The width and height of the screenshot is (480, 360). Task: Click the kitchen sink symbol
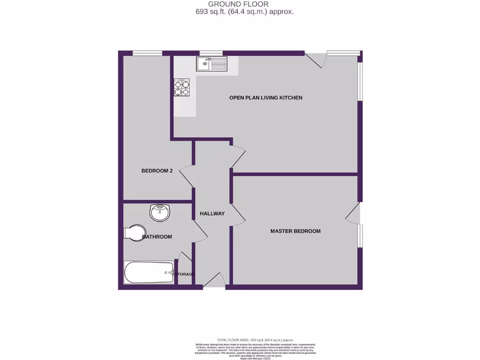point(211,63)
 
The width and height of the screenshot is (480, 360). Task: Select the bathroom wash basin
point(160,212)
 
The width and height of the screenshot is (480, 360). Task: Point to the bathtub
point(149,272)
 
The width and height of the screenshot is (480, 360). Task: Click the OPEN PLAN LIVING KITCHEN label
point(265,98)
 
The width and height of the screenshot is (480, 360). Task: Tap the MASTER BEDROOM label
point(295,231)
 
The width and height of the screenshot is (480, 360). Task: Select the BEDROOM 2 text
point(157,171)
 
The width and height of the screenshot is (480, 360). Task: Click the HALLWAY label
point(212,214)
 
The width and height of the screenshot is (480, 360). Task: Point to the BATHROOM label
point(157,237)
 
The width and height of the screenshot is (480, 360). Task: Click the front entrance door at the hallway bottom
point(214,280)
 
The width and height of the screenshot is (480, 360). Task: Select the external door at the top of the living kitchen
point(315,60)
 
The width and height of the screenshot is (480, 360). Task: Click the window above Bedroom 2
point(147,53)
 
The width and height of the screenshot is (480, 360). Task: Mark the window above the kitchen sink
point(211,53)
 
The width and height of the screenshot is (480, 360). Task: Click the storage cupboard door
point(185,259)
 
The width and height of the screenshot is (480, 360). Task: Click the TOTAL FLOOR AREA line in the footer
point(255,339)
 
